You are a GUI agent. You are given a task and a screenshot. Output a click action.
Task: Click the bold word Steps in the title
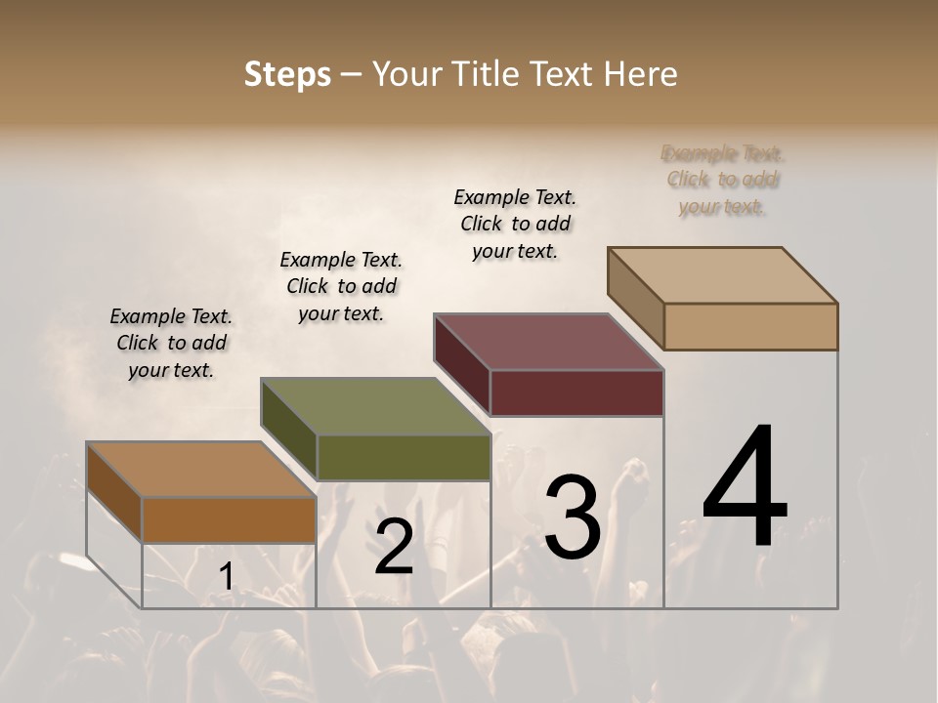(287, 74)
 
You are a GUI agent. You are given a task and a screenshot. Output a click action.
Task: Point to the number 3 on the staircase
(572, 517)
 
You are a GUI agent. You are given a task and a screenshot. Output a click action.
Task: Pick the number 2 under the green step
(394, 547)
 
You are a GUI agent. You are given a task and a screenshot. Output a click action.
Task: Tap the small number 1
(226, 576)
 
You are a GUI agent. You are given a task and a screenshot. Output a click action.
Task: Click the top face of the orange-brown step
(201, 470)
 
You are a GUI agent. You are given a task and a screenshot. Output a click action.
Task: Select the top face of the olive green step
(375, 406)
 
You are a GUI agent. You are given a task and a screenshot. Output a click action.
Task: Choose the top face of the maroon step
(549, 342)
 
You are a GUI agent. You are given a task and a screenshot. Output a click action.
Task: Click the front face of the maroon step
(576, 393)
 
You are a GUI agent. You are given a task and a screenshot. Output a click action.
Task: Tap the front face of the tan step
(750, 326)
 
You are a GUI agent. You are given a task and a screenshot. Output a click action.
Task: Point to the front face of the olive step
(404, 458)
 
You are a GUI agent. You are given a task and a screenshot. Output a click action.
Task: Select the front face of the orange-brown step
(229, 520)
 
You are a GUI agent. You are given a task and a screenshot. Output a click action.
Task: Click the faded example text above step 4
(723, 180)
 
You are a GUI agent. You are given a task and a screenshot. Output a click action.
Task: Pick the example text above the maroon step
(515, 224)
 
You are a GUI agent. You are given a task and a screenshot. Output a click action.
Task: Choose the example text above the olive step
(341, 286)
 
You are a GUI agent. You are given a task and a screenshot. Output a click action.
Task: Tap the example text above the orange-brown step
(171, 343)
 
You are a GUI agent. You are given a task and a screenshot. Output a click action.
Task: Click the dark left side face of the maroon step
(462, 363)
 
